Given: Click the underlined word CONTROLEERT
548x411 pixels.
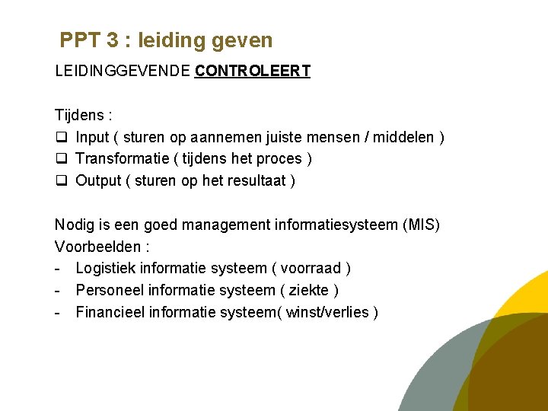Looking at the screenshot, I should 253,72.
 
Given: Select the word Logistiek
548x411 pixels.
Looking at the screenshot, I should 107,269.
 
